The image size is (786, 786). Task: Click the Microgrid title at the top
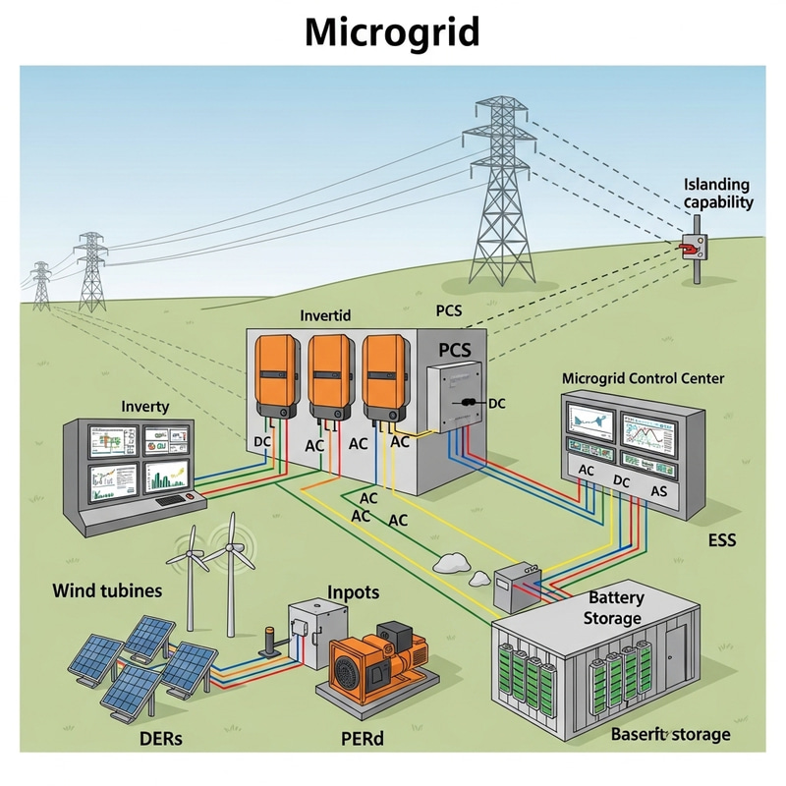pyautogui.click(x=392, y=32)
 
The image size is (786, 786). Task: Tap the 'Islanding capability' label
pyautogui.click(x=717, y=194)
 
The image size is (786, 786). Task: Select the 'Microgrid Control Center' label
pyautogui.click(x=643, y=378)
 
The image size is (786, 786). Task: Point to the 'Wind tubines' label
pyautogui.click(x=107, y=592)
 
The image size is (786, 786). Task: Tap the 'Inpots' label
pyautogui.click(x=353, y=593)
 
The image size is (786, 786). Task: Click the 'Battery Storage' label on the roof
pyautogui.click(x=614, y=608)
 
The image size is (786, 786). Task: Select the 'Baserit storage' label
pyautogui.click(x=671, y=734)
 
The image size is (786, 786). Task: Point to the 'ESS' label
pyautogui.click(x=722, y=540)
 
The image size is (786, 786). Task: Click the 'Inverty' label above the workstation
pyautogui.click(x=145, y=406)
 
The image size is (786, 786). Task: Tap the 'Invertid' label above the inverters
pyautogui.click(x=324, y=317)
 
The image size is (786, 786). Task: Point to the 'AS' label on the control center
pyautogui.click(x=658, y=491)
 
